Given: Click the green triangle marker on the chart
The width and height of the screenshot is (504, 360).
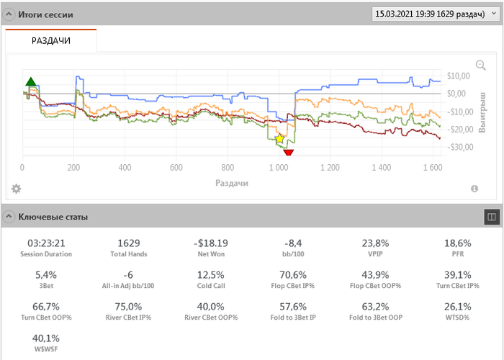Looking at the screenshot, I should [x=30, y=81].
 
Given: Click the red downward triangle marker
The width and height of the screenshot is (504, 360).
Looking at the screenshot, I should [x=288, y=152].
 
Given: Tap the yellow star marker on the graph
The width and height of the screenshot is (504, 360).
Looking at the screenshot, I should [x=280, y=138].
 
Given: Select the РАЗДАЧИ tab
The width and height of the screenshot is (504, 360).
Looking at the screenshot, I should [x=50, y=41].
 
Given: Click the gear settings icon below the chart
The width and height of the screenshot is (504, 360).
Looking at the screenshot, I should [x=16, y=189].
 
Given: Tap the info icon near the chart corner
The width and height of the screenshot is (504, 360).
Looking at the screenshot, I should [x=474, y=189].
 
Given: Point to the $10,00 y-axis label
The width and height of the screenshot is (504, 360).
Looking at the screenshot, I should [x=459, y=76].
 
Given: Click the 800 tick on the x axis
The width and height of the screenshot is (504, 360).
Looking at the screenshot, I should [x=228, y=168].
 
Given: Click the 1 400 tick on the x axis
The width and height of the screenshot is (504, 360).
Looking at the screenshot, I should [x=380, y=168].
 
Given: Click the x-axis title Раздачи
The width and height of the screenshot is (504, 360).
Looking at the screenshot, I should [x=232, y=183].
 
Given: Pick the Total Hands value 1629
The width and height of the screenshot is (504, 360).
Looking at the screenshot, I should [x=129, y=243].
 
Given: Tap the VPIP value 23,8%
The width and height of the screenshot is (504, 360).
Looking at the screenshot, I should [x=374, y=243].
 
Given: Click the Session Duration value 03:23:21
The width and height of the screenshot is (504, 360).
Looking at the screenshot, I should [x=47, y=243].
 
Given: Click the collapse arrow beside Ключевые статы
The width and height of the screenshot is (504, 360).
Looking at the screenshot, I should [x=8, y=216].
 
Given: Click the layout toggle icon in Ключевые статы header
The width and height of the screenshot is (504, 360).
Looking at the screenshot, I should [x=490, y=216].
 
